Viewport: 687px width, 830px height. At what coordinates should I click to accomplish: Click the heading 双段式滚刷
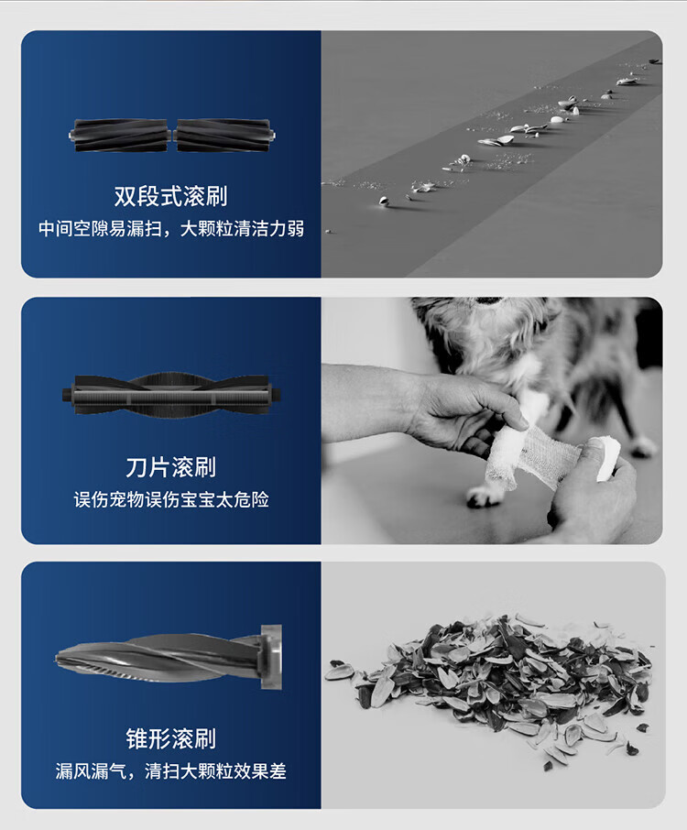coord(171,196)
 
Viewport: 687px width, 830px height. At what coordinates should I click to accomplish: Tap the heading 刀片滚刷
coord(171,467)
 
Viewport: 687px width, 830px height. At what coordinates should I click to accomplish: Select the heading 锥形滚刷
coord(171,738)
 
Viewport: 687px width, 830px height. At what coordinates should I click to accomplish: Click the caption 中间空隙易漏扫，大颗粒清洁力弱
coord(171,229)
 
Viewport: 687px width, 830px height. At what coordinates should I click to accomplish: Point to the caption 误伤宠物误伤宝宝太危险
coord(171,499)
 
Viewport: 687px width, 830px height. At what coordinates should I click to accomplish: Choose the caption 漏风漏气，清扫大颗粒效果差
coord(171,770)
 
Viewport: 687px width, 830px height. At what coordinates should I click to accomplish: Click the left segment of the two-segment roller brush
coord(121,136)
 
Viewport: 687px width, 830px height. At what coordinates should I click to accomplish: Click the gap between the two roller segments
coord(172,136)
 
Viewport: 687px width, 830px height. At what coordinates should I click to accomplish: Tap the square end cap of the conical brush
coord(271,657)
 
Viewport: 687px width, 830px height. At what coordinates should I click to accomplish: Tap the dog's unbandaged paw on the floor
coord(485,497)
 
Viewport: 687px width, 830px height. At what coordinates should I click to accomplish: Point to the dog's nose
coord(489,300)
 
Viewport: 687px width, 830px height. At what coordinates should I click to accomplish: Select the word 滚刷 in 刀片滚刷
coord(193,467)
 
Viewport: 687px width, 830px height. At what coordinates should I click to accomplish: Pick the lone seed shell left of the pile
coord(338,672)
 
